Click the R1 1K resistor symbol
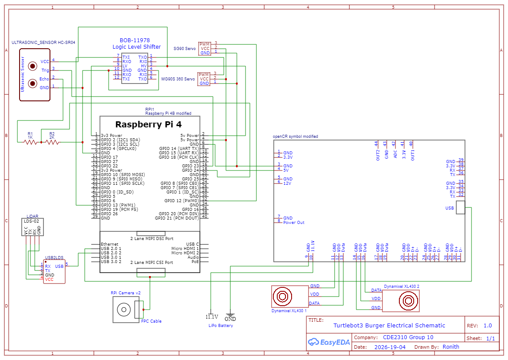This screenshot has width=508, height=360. (x=30, y=142)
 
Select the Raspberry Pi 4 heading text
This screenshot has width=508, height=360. (x=148, y=124)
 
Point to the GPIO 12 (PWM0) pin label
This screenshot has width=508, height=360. (x=182, y=200)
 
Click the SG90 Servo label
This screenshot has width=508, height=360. (x=185, y=49)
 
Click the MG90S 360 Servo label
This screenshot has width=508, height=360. (x=178, y=79)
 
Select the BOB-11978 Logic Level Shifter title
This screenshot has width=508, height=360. (x=136, y=43)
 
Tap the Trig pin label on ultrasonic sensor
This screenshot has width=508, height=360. (x=45, y=70)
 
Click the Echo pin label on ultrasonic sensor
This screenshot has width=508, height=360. (x=44, y=79)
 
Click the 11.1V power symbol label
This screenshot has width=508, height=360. (x=211, y=317)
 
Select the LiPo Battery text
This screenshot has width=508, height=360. (x=220, y=326)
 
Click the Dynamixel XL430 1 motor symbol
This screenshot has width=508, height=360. (x=283, y=297)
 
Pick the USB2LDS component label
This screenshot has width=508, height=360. (x=54, y=257)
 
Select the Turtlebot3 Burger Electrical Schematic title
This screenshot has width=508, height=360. (x=389, y=325)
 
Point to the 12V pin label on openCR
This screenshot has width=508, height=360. (x=287, y=183)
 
